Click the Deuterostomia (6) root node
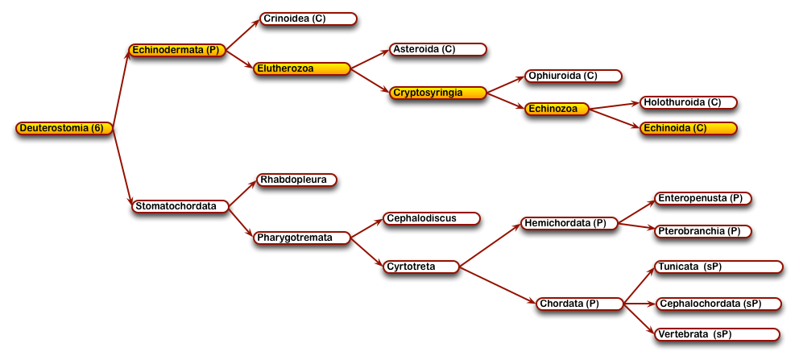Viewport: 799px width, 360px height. pos(64,128)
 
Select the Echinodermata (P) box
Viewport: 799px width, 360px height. pos(177,50)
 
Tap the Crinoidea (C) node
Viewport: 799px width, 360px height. pos(308,19)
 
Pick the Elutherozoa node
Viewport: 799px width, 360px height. pos(302,68)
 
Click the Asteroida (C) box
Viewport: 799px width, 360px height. pos(437,49)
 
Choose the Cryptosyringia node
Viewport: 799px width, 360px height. pos(437,93)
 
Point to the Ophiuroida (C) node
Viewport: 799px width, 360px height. pos(573,76)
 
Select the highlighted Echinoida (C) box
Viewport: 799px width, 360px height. pos(689,128)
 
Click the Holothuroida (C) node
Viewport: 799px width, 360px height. pos(689,102)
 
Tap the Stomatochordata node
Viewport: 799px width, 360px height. pos(180,206)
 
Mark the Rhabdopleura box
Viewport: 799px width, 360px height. pos(296,180)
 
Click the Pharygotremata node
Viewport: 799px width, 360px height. pos(302,238)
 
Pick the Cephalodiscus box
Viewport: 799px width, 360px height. pos(432,218)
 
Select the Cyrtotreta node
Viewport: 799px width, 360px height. pos(421,267)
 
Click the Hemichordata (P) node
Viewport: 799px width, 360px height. pos(569,224)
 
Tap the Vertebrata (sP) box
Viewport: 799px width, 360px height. pos(717,334)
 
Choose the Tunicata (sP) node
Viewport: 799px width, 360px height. pos(718,267)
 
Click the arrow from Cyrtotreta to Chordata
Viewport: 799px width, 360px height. pos(498,285)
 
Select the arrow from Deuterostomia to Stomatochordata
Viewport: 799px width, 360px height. pos(122,167)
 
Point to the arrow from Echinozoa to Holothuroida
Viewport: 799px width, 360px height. pos(615,106)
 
